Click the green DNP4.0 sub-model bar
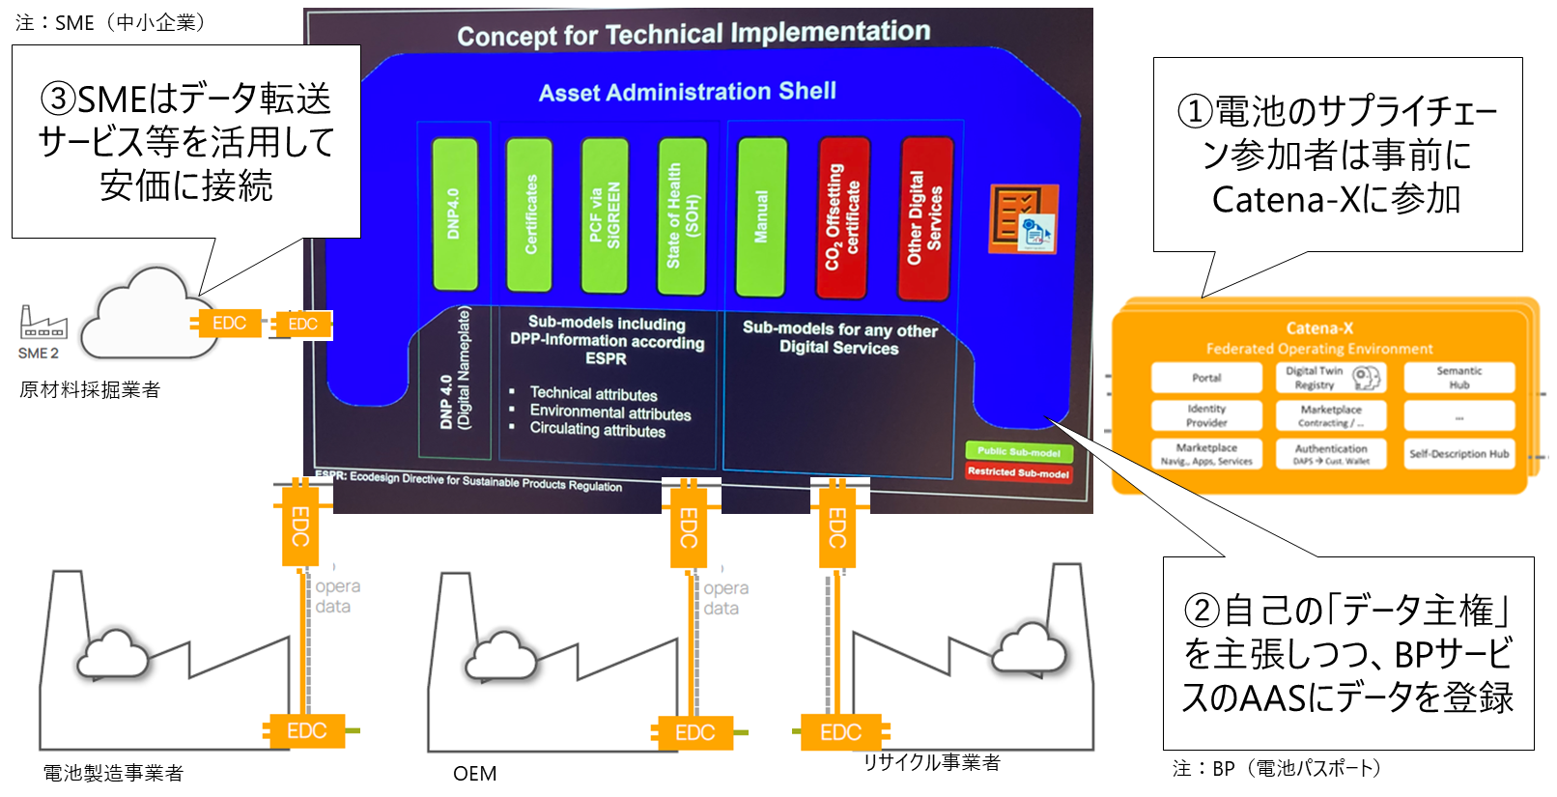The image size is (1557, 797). [455, 214]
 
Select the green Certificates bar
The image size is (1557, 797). [529, 214]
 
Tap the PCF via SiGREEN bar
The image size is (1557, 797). [605, 214]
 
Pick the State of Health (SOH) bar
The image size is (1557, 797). [682, 215]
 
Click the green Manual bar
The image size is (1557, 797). [761, 216]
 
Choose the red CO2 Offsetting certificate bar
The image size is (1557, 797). [843, 217]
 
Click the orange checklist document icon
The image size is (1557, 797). [1023, 219]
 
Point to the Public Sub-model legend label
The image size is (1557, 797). [1018, 451]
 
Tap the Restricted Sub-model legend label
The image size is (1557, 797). [1018, 472]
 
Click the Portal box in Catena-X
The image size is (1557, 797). [1206, 378]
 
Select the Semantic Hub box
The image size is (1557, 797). [1458, 378]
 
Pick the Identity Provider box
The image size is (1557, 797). [1206, 415]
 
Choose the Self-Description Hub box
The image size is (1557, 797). [1458, 453]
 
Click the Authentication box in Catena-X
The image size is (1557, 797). [1331, 454]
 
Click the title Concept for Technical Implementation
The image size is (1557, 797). [694, 34]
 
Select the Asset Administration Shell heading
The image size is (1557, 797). [687, 92]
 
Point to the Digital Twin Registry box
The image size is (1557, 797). [1331, 378]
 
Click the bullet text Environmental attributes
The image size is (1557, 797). [609, 413]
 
